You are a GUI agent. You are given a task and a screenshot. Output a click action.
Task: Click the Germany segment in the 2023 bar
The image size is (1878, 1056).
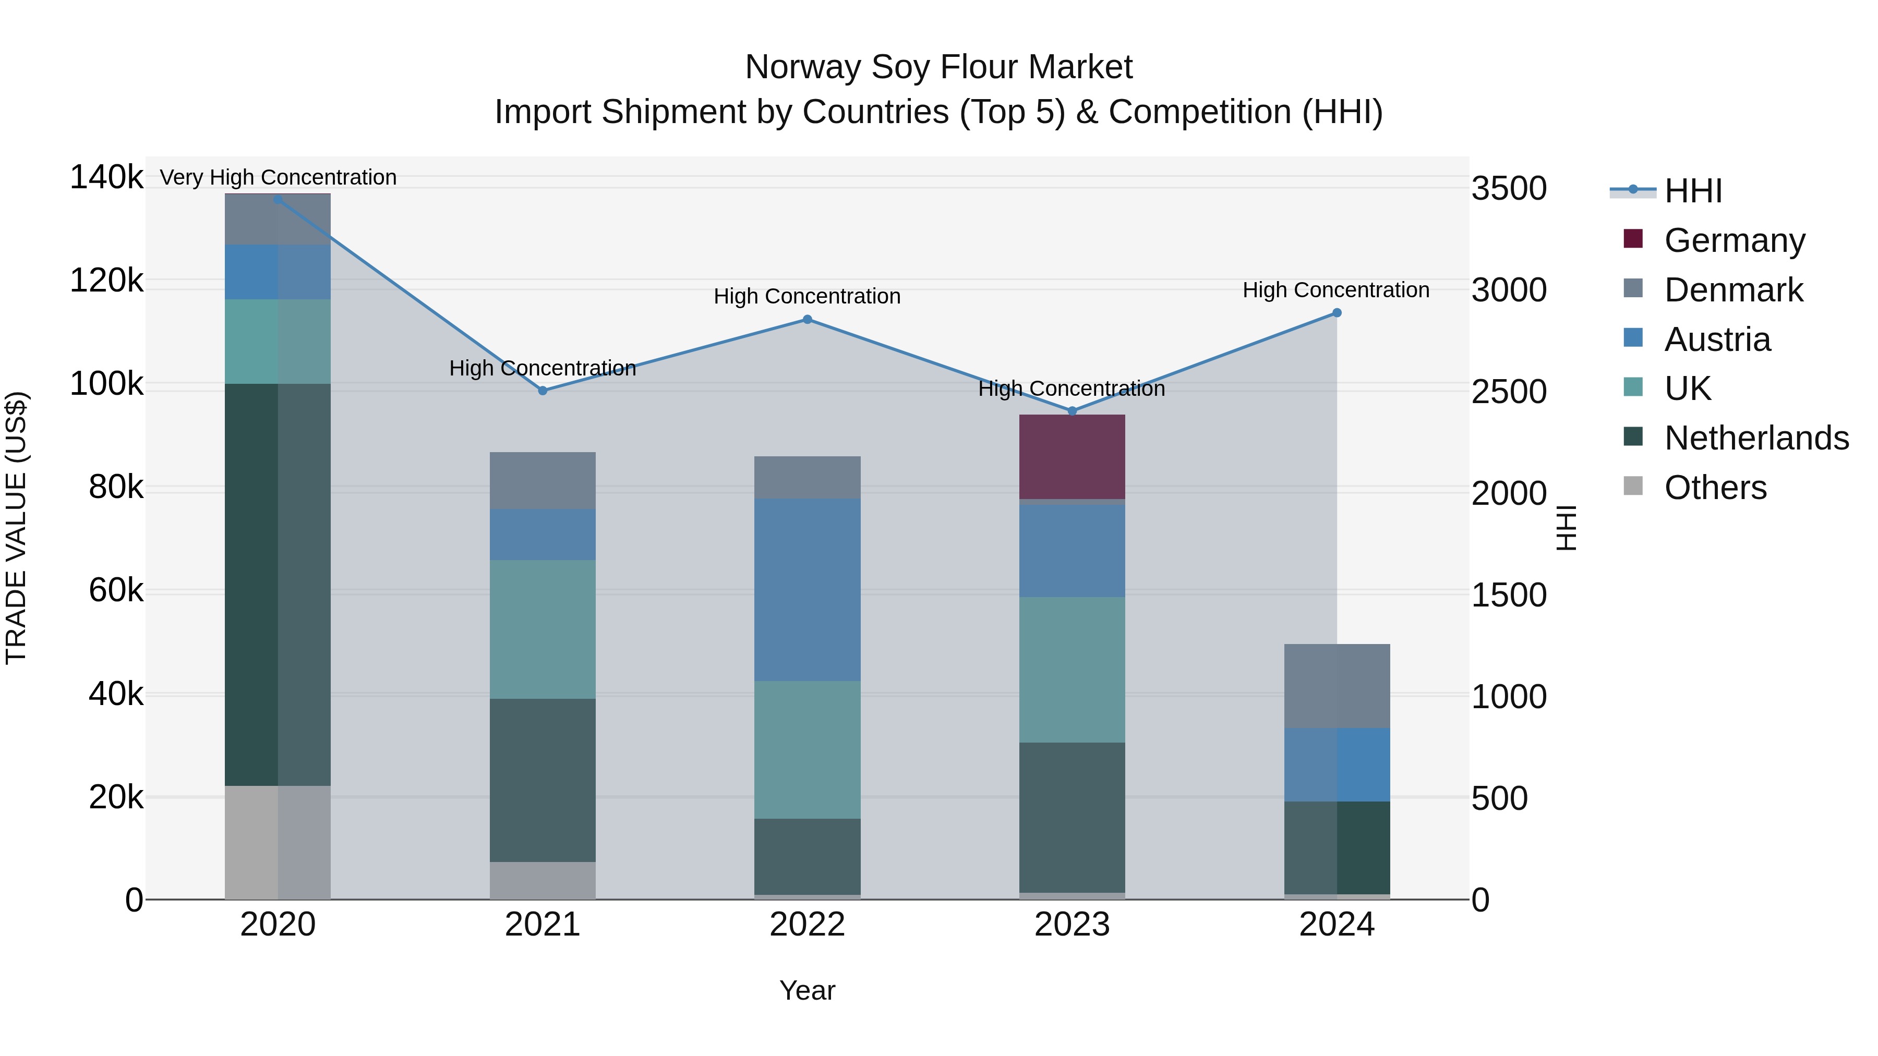(1072, 456)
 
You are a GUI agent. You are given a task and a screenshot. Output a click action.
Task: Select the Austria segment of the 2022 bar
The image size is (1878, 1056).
(807, 590)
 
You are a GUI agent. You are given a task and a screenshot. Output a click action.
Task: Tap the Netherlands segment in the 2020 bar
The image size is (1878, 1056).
(278, 584)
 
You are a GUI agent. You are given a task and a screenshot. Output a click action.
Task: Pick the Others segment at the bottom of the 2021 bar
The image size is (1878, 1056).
(543, 880)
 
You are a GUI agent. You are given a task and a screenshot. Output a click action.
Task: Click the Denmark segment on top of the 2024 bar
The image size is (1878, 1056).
(1337, 686)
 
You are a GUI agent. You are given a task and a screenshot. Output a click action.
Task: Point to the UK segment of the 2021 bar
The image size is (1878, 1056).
(543, 629)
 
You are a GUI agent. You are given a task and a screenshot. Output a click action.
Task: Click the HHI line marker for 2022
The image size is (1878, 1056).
(807, 319)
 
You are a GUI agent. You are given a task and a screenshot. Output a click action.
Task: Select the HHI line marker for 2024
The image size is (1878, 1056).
(1337, 313)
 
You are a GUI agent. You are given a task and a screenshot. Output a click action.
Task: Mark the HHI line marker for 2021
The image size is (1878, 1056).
(543, 391)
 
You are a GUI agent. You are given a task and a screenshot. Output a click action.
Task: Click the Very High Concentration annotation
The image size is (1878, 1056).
(278, 177)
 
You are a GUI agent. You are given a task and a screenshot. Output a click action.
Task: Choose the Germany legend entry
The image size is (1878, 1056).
(1733, 240)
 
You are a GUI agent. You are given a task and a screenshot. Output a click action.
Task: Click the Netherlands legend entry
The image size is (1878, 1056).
(1755, 438)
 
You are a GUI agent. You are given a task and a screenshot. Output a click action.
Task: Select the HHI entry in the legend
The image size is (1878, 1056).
(1693, 191)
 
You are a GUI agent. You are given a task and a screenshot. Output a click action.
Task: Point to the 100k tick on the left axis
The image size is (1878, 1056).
(106, 384)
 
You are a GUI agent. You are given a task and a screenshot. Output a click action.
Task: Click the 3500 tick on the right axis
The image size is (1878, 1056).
(1508, 189)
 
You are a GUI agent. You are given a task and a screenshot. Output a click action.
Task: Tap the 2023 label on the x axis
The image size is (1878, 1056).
(1072, 925)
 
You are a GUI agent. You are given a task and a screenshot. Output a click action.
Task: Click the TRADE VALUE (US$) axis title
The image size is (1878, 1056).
(16, 528)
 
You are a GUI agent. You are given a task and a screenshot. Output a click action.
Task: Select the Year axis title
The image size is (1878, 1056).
(807, 990)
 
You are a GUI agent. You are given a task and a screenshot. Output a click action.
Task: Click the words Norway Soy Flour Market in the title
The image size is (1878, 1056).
(938, 67)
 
